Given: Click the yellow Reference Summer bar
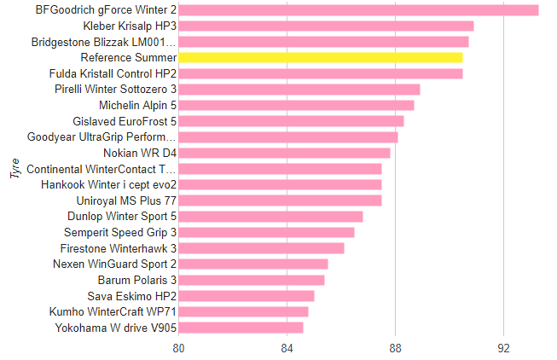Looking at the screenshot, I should pos(321,57).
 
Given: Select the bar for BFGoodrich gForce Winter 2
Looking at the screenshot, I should pos(358,10).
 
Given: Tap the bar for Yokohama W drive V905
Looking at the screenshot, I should pos(241,328).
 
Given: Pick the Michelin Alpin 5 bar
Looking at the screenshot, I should pos(296,105).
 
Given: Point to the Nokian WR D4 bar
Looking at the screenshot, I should pos(284,153).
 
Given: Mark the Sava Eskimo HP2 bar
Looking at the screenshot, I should pos(247,296).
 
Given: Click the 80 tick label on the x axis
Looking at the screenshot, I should pos(178,348).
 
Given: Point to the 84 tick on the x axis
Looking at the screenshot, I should pos(287,348).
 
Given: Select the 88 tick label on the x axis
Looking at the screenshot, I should pos(396,348).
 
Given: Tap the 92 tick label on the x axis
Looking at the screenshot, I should pos(504,348).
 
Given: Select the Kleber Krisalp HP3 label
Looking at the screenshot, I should pos(130,26).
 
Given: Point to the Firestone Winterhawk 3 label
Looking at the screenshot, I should pos(119,248).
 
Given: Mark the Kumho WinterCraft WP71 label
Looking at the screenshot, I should pos(113,312).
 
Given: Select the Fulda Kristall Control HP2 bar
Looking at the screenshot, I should pos(321,73).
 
